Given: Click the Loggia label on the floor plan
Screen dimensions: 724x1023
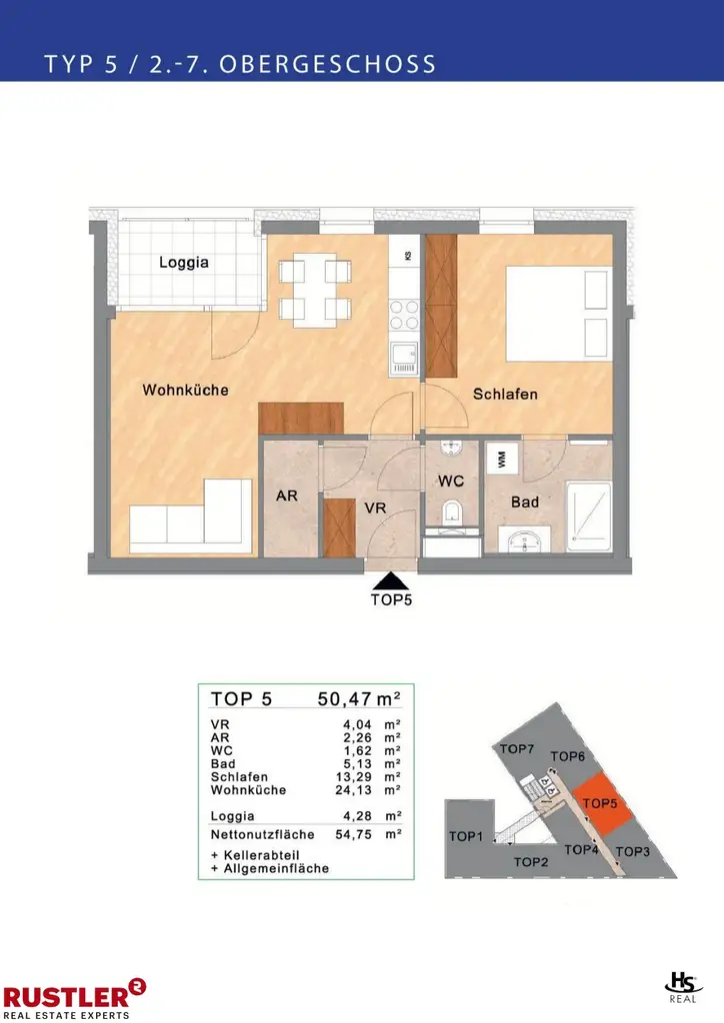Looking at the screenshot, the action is [184, 263].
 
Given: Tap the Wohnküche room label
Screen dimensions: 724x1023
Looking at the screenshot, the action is [185, 391].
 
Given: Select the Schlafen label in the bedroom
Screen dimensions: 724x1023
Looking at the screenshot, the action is [505, 394].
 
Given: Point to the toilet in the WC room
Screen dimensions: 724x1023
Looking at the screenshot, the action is [452, 512].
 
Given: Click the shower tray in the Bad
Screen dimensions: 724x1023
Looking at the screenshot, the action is [589, 516].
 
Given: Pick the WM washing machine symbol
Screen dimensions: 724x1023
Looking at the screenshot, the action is [502, 459].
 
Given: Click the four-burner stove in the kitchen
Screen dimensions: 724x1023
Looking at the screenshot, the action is [403, 315].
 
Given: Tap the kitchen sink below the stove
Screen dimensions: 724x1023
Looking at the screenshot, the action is [403, 360].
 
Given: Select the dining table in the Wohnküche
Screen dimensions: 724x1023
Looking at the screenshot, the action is [315, 290].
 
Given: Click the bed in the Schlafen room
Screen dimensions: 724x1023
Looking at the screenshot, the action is [559, 314].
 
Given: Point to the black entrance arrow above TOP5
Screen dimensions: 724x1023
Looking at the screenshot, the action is [391, 581].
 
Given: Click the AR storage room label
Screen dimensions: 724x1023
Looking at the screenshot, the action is [287, 496].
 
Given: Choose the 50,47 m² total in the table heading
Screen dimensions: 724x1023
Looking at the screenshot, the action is [359, 698].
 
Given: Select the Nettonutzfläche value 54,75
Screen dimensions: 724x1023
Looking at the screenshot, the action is [353, 834].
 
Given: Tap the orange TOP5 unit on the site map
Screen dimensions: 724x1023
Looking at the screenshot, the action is [601, 804].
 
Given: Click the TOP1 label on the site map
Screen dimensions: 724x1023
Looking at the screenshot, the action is [465, 836].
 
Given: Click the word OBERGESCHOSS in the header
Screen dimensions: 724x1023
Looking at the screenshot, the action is [328, 64].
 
